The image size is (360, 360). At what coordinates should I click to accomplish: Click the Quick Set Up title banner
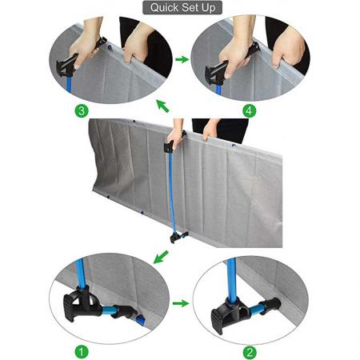coord(179,8)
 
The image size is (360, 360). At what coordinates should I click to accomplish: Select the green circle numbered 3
coord(80,110)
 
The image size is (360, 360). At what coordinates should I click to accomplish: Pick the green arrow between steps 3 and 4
coord(182,58)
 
